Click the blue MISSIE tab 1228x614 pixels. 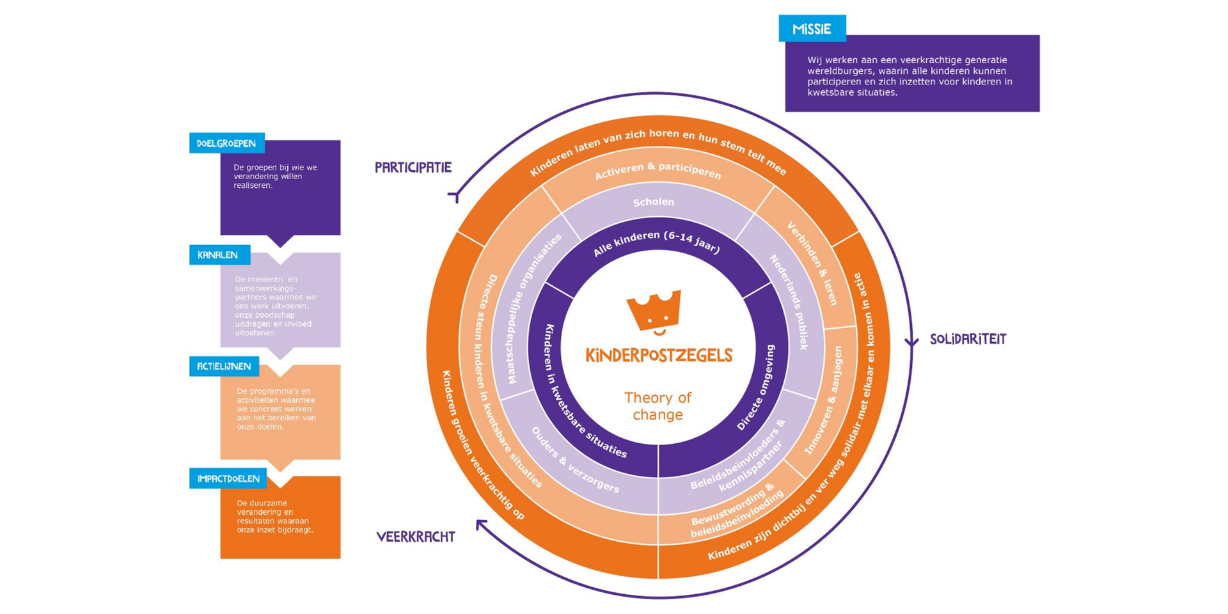812,29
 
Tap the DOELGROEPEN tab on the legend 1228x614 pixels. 226,143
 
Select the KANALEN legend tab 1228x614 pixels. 218,255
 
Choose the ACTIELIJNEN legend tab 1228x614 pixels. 224,366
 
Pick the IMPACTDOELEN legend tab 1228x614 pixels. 228,478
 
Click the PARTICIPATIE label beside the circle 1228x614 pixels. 413,168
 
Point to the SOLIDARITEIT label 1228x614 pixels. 968,340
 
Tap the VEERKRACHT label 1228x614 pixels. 416,537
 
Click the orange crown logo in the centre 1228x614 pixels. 654,312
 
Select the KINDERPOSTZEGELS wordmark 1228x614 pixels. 659,356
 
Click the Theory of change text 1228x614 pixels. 657,406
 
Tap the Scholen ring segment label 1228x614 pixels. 654,202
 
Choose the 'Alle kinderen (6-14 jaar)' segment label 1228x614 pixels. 656,242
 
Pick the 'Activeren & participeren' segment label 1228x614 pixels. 657,171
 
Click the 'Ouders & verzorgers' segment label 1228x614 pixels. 575,460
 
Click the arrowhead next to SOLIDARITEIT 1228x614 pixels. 911,342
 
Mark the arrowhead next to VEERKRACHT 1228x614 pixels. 481,525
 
